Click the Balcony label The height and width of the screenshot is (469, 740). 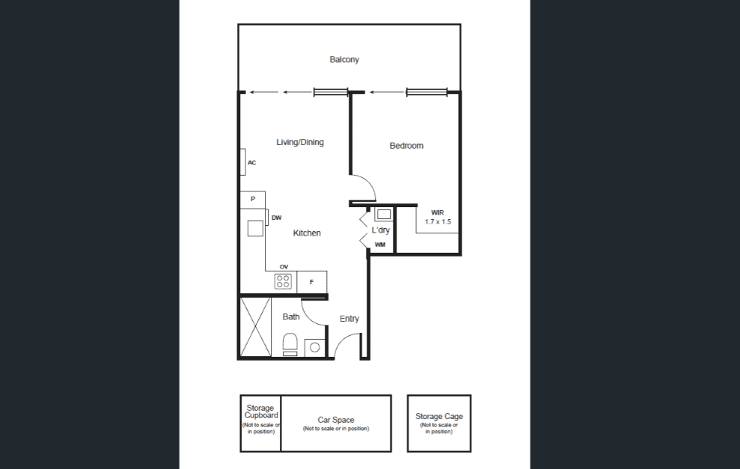click(x=344, y=59)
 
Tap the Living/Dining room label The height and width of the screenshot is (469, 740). click(x=300, y=142)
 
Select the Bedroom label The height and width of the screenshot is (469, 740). click(x=406, y=146)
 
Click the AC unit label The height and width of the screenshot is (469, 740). click(x=252, y=163)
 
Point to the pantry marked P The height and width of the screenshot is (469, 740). click(x=252, y=199)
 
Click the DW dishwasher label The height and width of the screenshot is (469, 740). click(x=277, y=218)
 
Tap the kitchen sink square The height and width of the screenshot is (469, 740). click(x=255, y=228)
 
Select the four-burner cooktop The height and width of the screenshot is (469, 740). click(x=283, y=282)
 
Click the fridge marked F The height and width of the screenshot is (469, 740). click(x=311, y=282)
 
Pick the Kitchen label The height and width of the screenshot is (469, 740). click(x=307, y=233)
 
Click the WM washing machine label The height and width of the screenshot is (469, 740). click(x=380, y=245)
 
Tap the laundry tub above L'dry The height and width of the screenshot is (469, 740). click(x=384, y=215)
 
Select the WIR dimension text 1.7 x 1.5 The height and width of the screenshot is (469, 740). click(x=438, y=221)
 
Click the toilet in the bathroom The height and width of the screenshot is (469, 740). click(x=290, y=344)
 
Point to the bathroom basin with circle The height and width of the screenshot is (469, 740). click(x=315, y=348)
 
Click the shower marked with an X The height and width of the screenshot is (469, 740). click(x=256, y=327)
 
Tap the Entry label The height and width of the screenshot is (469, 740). click(x=349, y=319)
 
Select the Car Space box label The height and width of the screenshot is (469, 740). click(x=335, y=420)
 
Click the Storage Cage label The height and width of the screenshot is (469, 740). click(x=439, y=417)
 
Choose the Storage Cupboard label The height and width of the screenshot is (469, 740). click(x=261, y=412)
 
